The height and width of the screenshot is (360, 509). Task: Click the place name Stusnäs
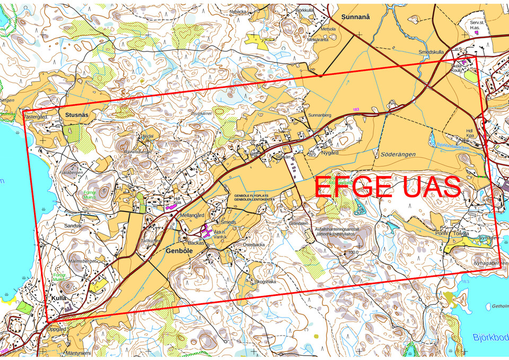77,114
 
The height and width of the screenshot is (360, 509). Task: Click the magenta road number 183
356,110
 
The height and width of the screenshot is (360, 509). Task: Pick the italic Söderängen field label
398,154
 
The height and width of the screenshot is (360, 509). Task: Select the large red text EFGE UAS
387,187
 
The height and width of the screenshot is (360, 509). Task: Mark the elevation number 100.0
354,253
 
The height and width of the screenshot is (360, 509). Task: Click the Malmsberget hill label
82,261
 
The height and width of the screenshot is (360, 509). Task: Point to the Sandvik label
73,226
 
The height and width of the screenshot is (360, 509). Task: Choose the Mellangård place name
192,216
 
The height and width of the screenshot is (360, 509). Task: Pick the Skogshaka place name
266,282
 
